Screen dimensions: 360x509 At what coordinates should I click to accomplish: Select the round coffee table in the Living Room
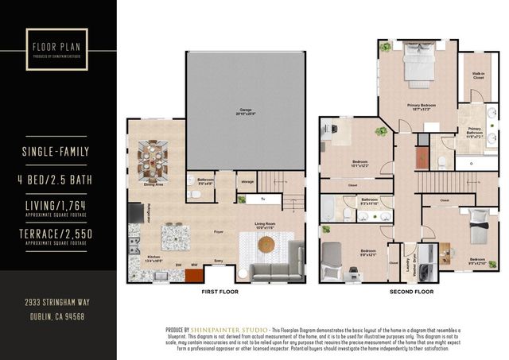click(266, 244)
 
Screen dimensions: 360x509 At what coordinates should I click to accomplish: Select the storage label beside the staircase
click(247, 182)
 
